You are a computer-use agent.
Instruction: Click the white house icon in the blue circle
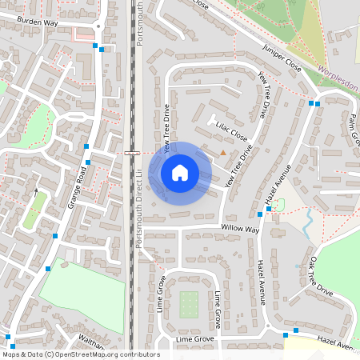coord(180,173)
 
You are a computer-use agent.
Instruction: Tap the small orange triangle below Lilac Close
coord(222,151)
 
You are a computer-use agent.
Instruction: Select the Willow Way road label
coord(242,230)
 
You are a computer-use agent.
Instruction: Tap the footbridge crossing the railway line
coord(132,152)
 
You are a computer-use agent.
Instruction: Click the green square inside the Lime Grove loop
coord(189,303)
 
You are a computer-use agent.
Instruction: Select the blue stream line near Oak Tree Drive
coord(307,224)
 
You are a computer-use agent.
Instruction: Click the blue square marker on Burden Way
coord(95,46)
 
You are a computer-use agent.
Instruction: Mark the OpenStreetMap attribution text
coord(80,354)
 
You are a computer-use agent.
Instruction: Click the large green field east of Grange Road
coord(80,288)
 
